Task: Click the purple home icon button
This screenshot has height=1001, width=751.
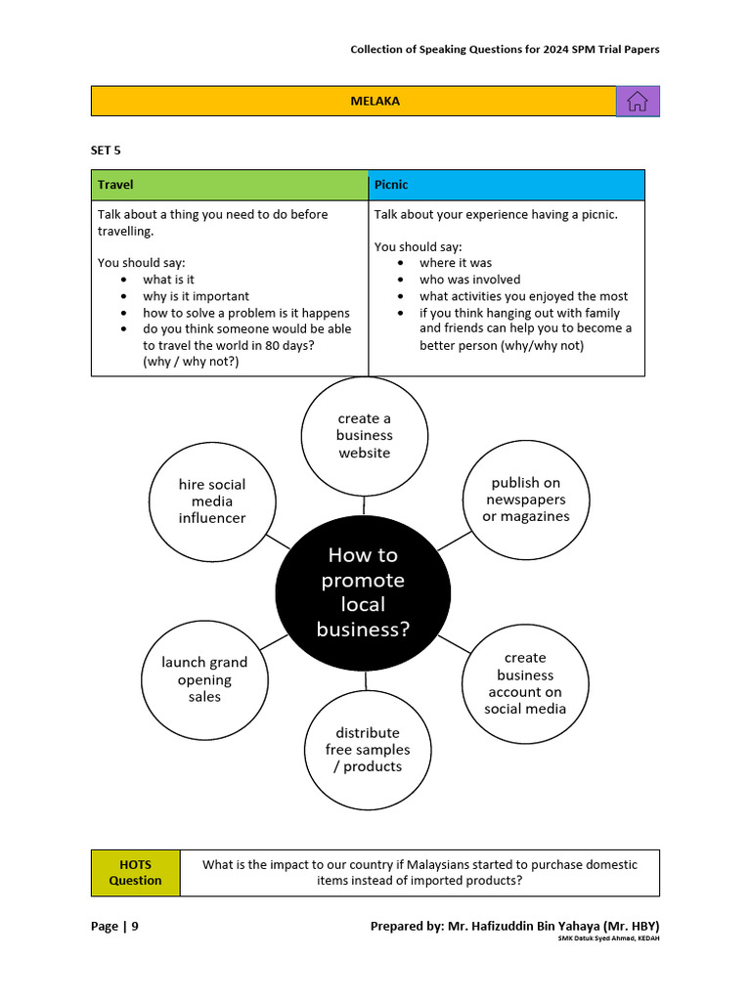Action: coord(638,102)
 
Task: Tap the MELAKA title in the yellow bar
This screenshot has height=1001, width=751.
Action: coord(375,102)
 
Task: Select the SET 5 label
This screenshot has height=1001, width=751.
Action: coord(106,151)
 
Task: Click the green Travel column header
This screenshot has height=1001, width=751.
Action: coord(230,185)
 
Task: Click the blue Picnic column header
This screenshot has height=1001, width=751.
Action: coord(507,185)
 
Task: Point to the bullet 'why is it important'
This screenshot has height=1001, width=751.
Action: coord(196,296)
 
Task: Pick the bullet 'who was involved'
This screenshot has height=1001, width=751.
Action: coord(469,280)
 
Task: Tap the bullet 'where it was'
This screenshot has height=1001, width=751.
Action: coord(456,263)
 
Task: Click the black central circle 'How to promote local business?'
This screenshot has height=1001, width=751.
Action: coord(363,593)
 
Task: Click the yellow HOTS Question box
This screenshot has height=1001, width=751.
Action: coord(135,873)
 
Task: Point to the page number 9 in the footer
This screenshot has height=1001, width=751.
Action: coord(135,927)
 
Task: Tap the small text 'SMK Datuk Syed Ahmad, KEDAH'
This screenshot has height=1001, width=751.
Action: coord(608,938)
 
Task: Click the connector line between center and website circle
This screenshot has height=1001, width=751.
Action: coord(364,505)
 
